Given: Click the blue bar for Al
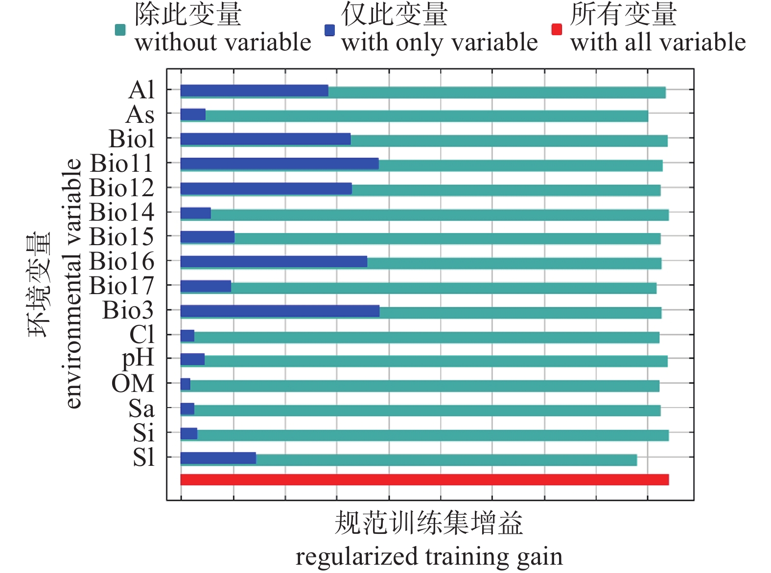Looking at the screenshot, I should click(x=254, y=91).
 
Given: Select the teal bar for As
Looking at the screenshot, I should click(x=426, y=116).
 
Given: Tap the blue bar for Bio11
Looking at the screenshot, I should click(x=279, y=163).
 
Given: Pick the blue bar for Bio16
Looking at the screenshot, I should click(x=274, y=261).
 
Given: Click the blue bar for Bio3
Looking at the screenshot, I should click(x=280, y=311).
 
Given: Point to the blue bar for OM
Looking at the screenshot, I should click(x=185, y=384).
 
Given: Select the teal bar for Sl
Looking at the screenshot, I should click(x=445, y=460).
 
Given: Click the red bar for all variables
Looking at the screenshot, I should click(x=424, y=480).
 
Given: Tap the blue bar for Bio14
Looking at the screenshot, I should click(x=195, y=213).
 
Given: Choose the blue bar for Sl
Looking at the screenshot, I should click(x=218, y=458).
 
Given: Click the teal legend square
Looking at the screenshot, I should click(x=120, y=30).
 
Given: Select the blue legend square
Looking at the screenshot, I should click(x=329, y=30).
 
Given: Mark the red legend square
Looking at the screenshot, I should click(x=557, y=29).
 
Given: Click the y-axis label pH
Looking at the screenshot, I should click(x=138, y=359).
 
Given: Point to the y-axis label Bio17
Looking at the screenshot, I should click(x=122, y=285).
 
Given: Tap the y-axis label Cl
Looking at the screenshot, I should click(x=141, y=335).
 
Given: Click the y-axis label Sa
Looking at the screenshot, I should click(x=141, y=408).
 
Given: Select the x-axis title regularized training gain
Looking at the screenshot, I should click(x=429, y=557).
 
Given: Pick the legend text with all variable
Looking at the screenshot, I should click(x=658, y=42).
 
